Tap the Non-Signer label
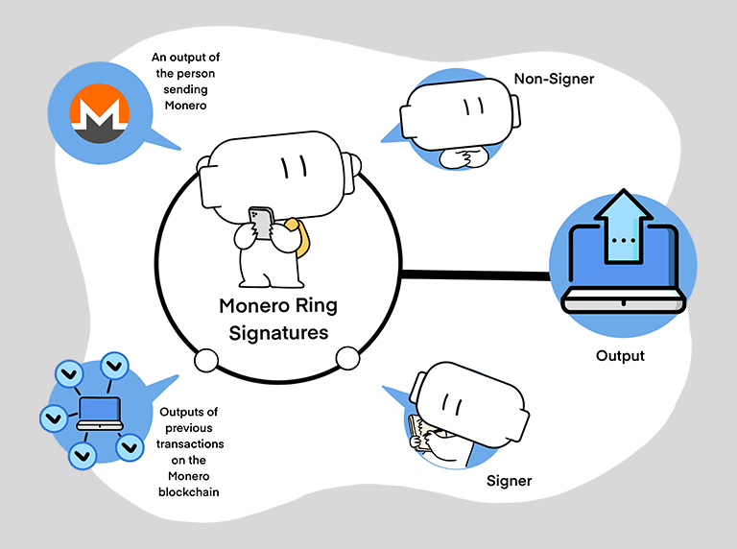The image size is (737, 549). [x=554, y=79]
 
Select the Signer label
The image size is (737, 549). [x=509, y=480]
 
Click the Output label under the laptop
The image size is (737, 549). [x=620, y=355]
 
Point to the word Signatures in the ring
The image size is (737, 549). [x=274, y=333]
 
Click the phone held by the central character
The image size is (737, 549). [x=260, y=222]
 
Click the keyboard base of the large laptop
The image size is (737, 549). [x=624, y=303]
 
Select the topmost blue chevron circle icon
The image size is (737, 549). [x=114, y=365]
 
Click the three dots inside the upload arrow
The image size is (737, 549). [x=625, y=239]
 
